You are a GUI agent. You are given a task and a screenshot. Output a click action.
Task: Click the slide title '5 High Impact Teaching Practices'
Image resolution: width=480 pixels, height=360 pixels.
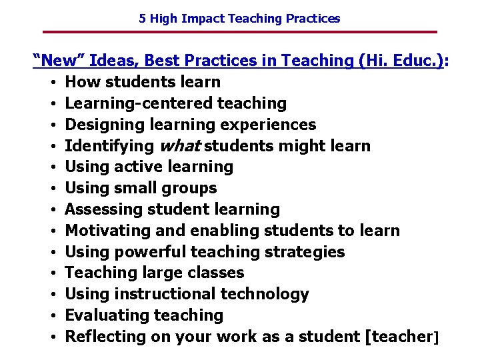point(239,19)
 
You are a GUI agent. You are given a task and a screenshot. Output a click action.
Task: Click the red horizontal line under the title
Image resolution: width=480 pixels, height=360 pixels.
point(239,32)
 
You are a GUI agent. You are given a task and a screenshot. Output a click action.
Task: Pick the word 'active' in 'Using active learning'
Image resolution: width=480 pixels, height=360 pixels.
point(137,167)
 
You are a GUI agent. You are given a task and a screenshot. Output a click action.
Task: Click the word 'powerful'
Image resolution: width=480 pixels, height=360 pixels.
point(151,252)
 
